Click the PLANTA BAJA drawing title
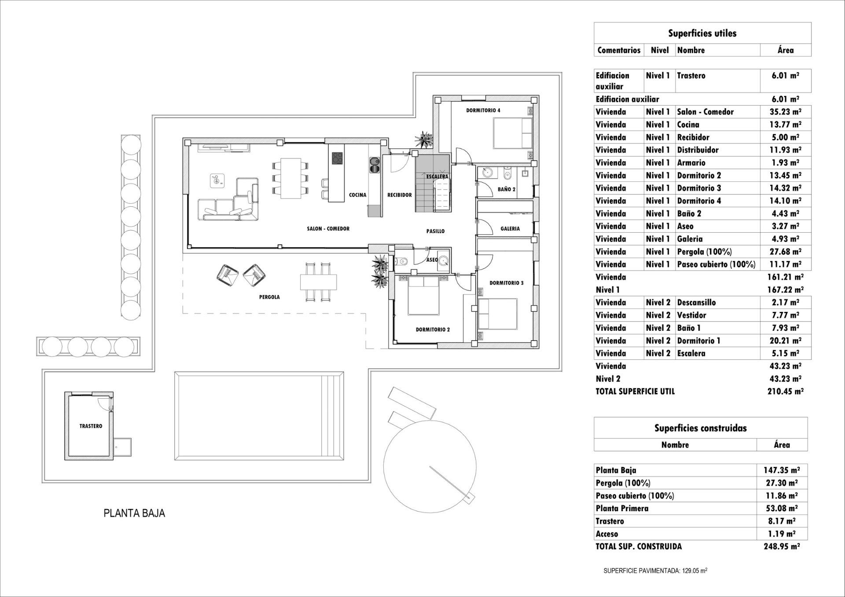(x=134, y=513)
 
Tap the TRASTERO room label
(x=91, y=426)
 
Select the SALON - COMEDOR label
(x=328, y=229)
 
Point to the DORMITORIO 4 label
(x=483, y=110)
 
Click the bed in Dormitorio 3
(x=498, y=314)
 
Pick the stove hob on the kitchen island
(x=338, y=158)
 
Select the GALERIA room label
(x=510, y=229)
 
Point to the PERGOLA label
(x=269, y=297)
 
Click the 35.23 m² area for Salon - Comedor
(x=786, y=112)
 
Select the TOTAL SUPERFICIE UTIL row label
(x=635, y=391)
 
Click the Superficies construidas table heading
(x=700, y=428)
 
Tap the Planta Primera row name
(x=622, y=508)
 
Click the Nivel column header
(x=659, y=50)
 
